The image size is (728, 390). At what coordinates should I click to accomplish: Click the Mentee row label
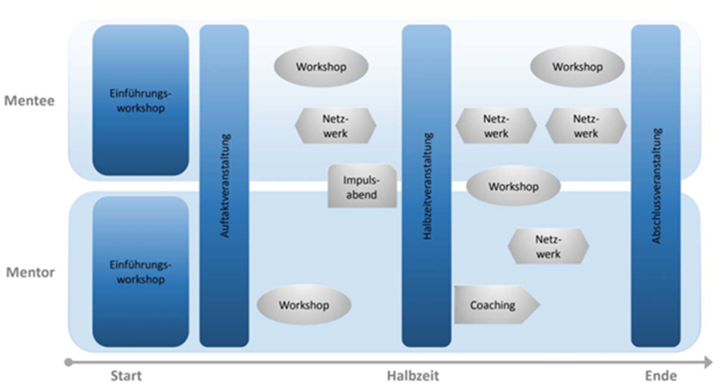[x=29, y=101]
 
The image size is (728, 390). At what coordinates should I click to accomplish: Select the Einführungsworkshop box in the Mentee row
[x=140, y=101]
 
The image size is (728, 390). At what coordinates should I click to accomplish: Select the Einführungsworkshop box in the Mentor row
[x=140, y=271]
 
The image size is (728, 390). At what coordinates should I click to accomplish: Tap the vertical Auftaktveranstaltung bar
[x=224, y=186]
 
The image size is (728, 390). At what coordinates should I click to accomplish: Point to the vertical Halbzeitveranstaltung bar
[x=427, y=186]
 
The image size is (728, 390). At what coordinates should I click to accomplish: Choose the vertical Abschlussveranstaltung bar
[x=656, y=186]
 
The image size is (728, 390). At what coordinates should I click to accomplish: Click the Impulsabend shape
[x=362, y=187]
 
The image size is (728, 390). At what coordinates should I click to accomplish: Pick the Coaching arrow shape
[x=496, y=305]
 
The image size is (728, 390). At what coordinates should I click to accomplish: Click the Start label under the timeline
[x=126, y=376]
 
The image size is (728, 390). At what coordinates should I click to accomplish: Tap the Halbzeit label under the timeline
[x=413, y=376]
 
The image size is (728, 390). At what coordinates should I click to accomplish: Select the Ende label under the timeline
[x=660, y=376]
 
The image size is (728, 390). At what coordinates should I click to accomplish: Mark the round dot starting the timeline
[x=68, y=362]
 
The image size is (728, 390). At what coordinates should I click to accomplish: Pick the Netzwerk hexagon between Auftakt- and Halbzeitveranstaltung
[x=336, y=126]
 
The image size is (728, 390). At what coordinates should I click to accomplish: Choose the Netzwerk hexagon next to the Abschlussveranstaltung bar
[x=586, y=126]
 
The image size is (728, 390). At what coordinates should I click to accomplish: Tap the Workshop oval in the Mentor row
[x=304, y=305]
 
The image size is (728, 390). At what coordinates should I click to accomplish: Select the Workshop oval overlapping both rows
[x=514, y=187]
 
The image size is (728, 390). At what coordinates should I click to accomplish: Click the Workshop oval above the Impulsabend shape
[x=321, y=67]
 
